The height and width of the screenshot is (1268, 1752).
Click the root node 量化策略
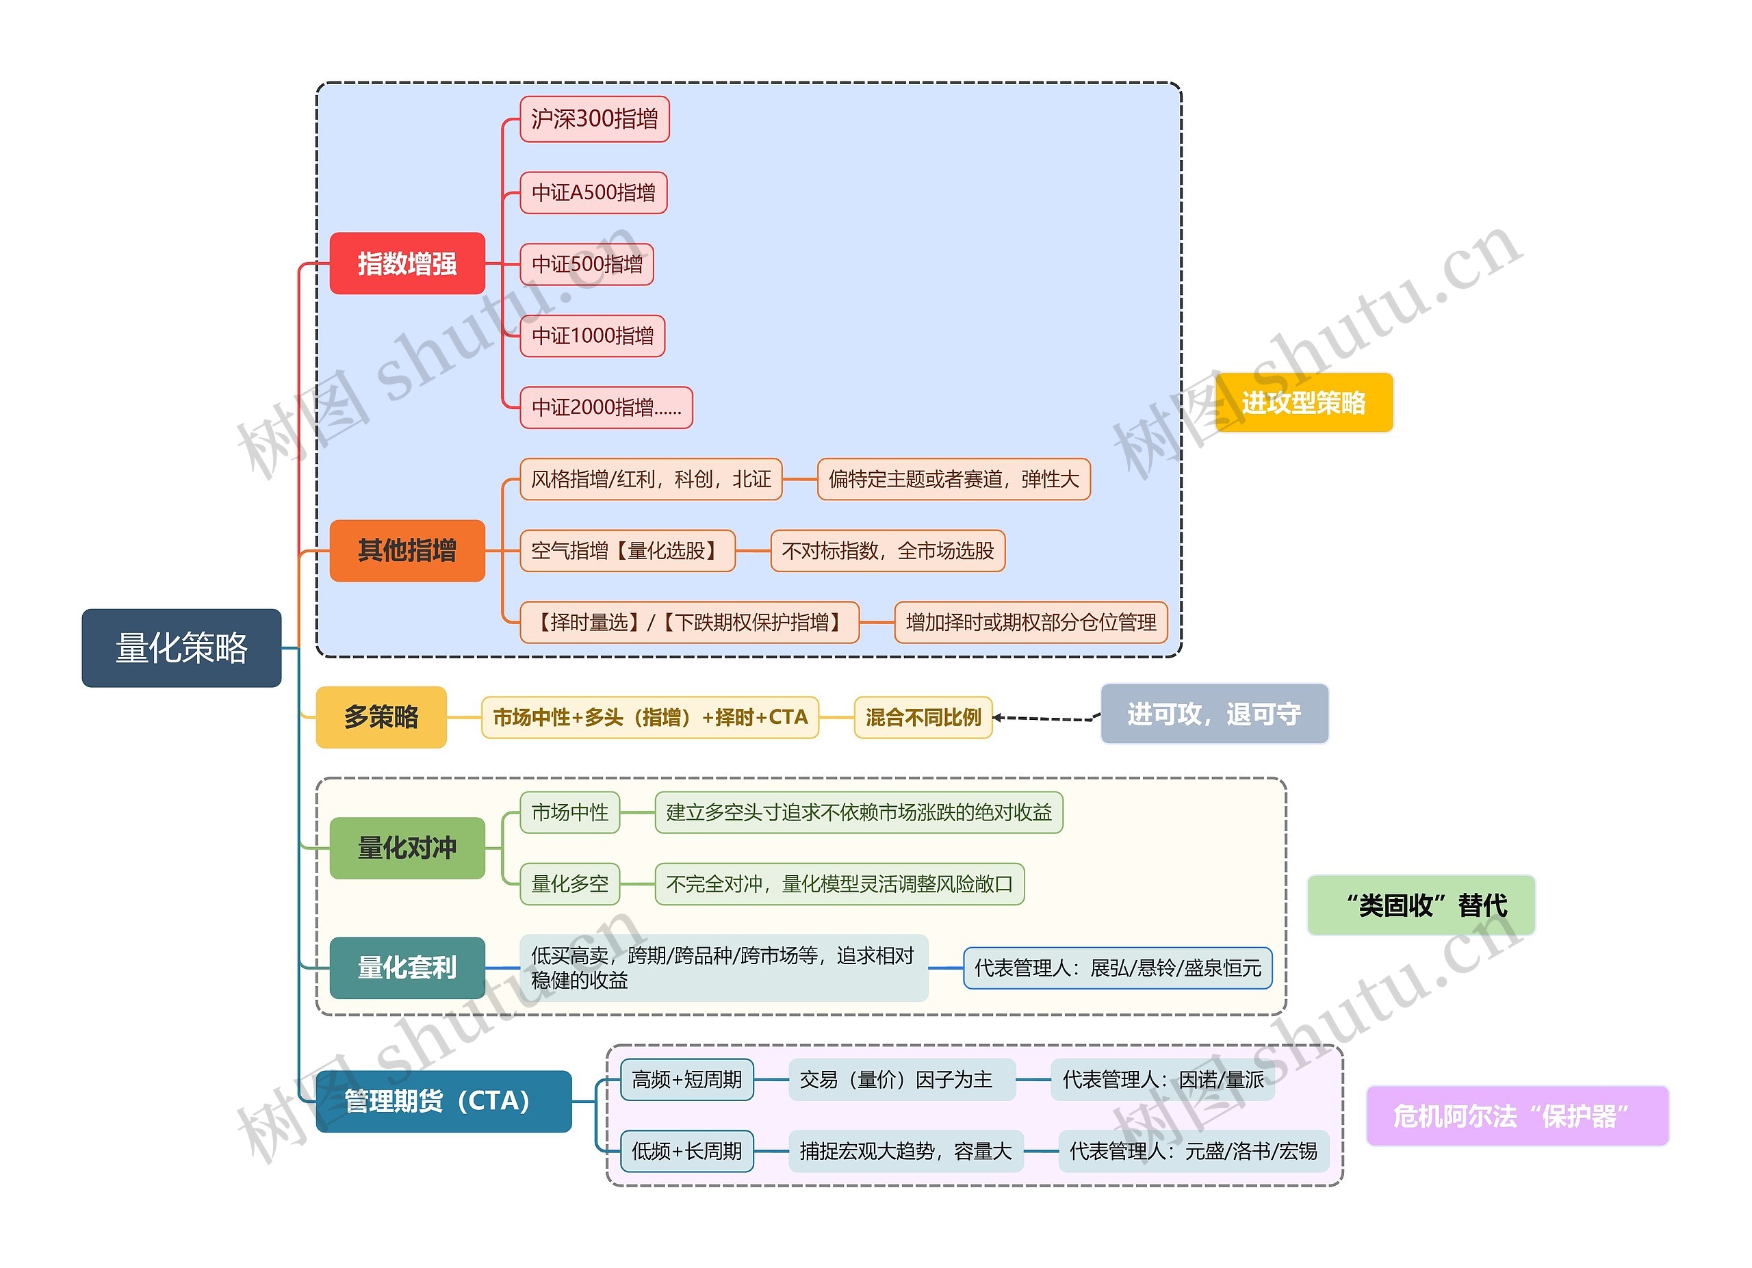[x=181, y=648]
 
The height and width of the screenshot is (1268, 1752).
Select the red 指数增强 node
[x=407, y=263]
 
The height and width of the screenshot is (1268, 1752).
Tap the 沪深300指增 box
[x=594, y=119]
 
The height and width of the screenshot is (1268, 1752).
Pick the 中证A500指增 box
[x=593, y=192]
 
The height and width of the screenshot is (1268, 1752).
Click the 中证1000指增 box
[x=593, y=336]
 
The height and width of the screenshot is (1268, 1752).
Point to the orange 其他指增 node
[x=407, y=551]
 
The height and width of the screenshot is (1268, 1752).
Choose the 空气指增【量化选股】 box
[x=628, y=551]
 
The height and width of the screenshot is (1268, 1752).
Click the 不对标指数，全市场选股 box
[x=888, y=551]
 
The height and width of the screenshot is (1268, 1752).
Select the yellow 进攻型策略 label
[x=1303, y=402]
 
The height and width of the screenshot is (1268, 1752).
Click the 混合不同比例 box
[x=923, y=717]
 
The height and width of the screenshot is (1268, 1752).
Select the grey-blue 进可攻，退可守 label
[x=1213, y=714]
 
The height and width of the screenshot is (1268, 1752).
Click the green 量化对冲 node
[x=407, y=848]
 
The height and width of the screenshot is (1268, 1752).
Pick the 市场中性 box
[x=570, y=812]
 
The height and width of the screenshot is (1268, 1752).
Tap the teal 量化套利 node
[x=407, y=968]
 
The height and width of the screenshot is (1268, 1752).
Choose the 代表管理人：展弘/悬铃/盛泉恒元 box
[x=1117, y=968]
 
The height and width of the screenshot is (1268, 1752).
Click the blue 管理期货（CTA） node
[x=443, y=1101]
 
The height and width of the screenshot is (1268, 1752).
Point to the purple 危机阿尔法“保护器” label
[x=1517, y=1116]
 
